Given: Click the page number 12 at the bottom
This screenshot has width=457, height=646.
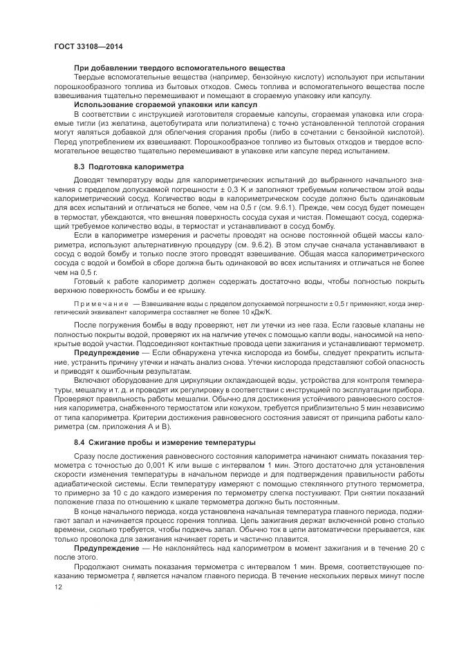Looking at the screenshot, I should point(58,587).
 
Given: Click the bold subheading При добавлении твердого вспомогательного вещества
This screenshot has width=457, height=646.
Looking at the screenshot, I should point(179,68).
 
